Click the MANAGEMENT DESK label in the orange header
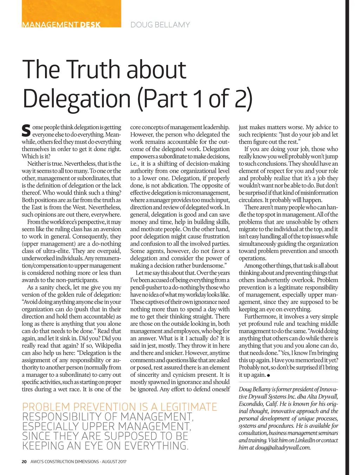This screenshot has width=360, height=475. pos(61,25)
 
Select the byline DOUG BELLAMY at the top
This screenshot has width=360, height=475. pos(160,25)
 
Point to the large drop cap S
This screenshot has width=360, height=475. pos(26,131)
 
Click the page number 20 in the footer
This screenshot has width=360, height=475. pos(24,461)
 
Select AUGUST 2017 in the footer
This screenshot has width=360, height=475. pos(114,461)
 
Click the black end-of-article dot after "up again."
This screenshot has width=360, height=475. pos(269,375)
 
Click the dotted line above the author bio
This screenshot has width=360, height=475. pos(288,382)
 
